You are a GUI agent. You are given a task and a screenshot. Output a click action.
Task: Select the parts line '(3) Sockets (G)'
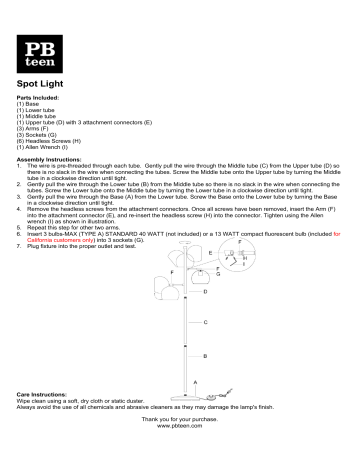pyautogui.click(x=37, y=136)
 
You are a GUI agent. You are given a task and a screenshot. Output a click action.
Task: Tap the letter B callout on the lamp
pyautogui.click(x=204, y=355)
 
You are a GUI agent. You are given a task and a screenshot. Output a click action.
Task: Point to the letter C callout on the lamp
pyautogui.click(x=204, y=322)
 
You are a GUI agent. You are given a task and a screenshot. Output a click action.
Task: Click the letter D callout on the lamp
pyautogui.click(x=205, y=291)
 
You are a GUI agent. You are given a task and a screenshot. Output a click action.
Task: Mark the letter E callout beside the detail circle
pyautogui.click(x=211, y=253)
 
